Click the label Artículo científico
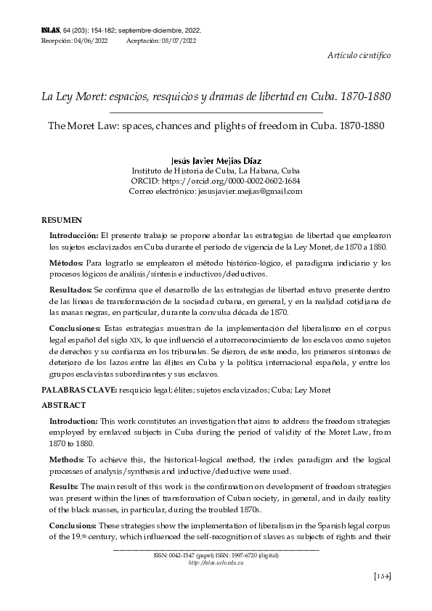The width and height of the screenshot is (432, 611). tap(359, 55)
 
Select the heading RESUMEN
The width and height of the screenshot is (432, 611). tap(61, 219)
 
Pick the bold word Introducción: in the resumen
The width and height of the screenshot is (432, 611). tap(73, 237)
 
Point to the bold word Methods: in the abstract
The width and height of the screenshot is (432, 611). tap(67, 460)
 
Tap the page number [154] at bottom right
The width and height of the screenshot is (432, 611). tap(381, 576)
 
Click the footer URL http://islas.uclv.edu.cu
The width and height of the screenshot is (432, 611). tap(215, 562)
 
